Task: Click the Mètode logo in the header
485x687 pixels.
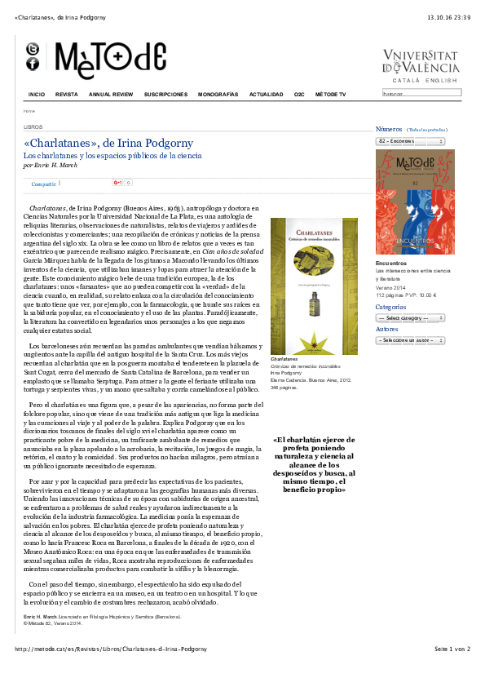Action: coord(110,60)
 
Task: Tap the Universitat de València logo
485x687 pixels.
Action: coord(421,62)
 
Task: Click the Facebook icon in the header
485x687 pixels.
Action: coord(33,64)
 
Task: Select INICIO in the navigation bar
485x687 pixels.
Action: coord(37,95)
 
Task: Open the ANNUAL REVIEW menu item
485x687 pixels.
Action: coord(111,95)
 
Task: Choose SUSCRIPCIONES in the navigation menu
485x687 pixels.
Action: coord(165,95)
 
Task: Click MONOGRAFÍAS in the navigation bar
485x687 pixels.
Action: coord(218,95)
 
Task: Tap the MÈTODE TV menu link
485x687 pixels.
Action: coord(330,95)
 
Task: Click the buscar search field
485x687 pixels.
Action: coord(421,93)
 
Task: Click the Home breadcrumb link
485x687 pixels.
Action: coord(29,110)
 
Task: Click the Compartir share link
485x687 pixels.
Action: coord(44,184)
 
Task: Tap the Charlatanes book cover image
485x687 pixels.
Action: coord(314,286)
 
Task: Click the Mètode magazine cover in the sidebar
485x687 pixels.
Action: coord(415,202)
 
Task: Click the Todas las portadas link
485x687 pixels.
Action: coord(427,130)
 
